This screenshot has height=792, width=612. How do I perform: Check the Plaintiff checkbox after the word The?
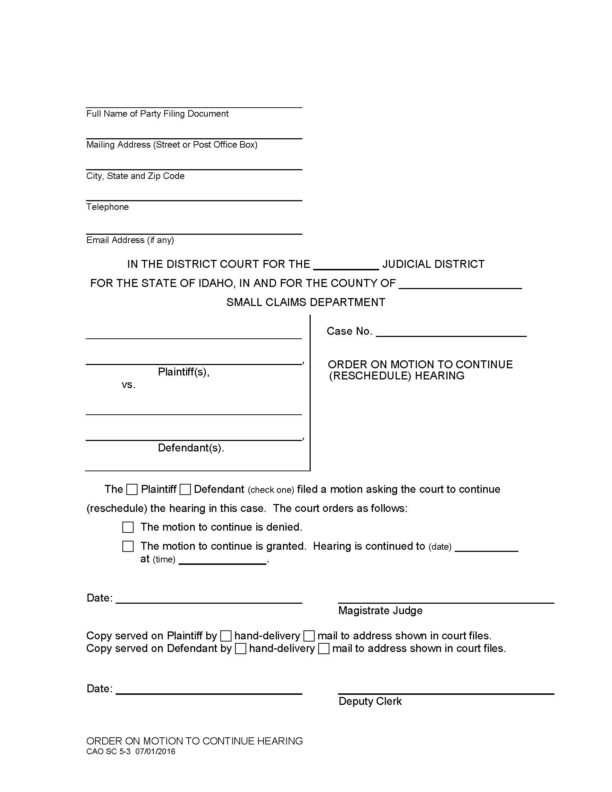click(x=132, y=490)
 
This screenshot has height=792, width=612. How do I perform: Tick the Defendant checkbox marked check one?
click(x=185, y=490)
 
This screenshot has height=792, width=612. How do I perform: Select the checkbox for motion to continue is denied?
click(x=128, y=527)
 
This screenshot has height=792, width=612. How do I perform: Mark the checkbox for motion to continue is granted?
click(x=128, y=546)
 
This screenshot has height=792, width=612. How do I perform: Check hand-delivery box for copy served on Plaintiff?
click(x=226, y=636)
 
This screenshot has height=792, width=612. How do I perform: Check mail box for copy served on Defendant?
click(x=324, y=648)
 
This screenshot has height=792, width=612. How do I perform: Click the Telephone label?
click(x=107, y=207)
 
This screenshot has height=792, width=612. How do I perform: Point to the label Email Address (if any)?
click(x=130, y=240)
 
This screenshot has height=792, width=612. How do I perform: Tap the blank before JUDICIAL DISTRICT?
click(x=346, y=265)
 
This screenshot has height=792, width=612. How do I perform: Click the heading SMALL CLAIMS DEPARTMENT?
click(x=306, y=302)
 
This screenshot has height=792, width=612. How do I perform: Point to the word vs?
click(x=129, y=385)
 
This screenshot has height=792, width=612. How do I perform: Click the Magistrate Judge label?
click(x=380, y=611)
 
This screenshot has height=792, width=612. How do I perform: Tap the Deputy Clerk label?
click(x=370, y=701)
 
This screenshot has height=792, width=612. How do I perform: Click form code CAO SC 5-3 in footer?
click(x=108, y=751)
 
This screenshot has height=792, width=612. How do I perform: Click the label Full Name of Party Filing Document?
click(x=157, y=114)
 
